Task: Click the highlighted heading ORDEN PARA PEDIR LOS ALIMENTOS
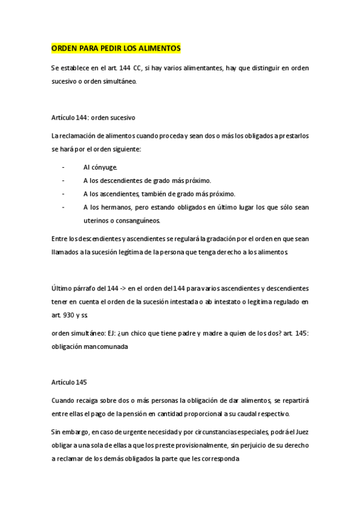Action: click(x=115, y=48)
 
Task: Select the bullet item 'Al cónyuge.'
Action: click(x=100, y=167)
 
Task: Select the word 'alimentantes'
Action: click(x=201, y=68)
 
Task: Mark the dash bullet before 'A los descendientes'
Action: click(x=63, y=180)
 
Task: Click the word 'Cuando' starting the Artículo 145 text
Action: click(x=64, y=401)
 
